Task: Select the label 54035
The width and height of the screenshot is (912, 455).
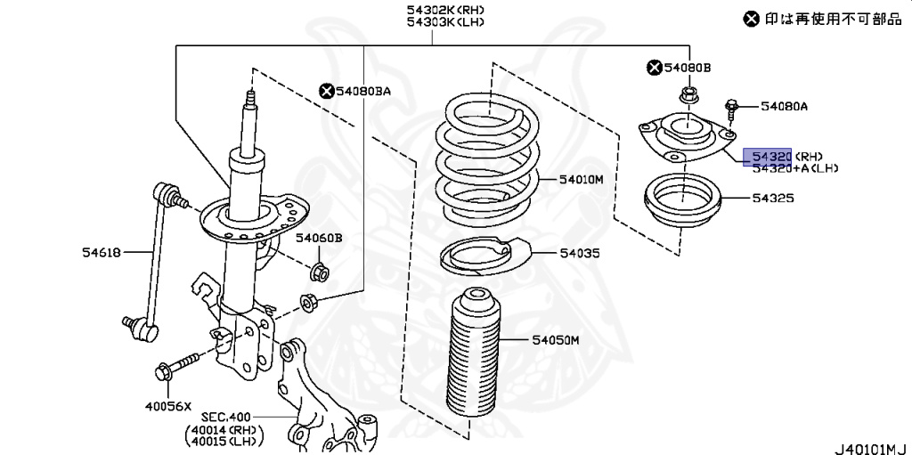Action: click(x=579, y=254)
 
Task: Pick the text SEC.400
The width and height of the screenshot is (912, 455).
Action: click(x=225, y=417)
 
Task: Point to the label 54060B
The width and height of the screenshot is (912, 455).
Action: click(x=319, y=238)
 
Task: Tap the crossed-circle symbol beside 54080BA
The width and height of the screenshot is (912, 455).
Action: click(x=326, y=90)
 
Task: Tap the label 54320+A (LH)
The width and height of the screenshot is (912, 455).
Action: click(x=794, y=167)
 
